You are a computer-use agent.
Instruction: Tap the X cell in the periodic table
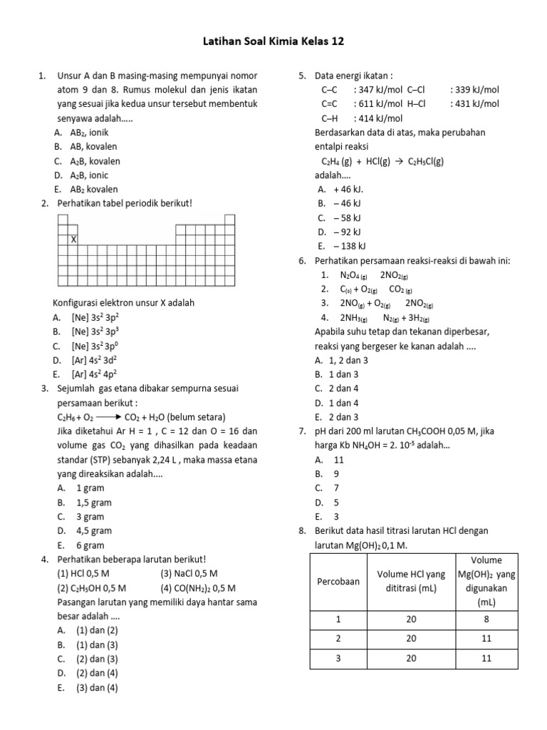[73, 240]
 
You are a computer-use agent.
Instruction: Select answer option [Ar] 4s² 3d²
[95, 360]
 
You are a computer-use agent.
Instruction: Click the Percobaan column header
[338, 581]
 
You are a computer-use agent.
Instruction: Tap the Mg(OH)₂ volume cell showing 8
[486, 620]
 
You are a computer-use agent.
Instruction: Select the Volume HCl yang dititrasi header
[411, 581]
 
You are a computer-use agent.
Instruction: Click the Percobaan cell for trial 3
[338, 659]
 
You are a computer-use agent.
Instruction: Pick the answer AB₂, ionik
[89, 133]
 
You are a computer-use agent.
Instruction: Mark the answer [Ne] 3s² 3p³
[95, 331]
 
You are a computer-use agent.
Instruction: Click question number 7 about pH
[302, 431]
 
